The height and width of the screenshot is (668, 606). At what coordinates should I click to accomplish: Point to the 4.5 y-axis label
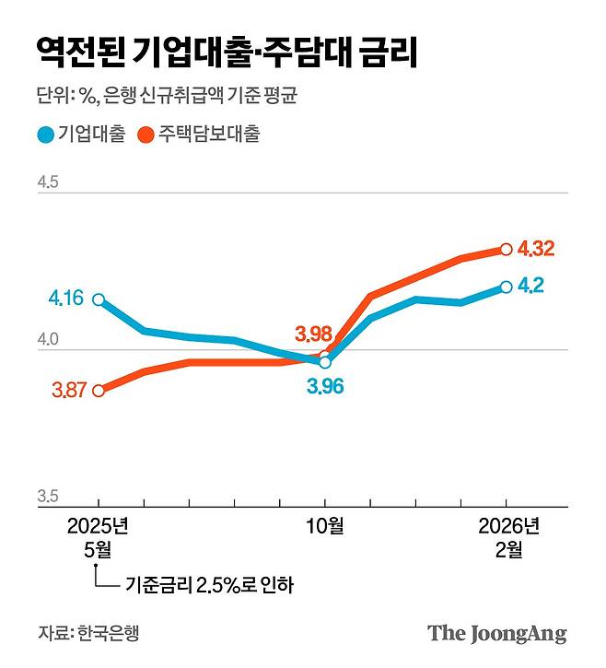coord(48,183)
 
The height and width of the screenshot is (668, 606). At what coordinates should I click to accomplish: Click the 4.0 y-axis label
coord(48,340)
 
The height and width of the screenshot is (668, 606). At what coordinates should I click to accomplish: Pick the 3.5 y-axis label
coord(48,497)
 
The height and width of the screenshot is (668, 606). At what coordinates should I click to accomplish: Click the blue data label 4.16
coord(65,299)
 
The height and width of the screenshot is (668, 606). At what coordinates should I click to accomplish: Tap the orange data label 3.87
coord(69,390)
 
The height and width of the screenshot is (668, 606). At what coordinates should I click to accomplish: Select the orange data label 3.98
coord(312,333)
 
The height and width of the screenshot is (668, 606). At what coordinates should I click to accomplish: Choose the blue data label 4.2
coord(530,286)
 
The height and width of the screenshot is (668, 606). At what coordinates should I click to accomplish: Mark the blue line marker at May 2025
coord(99,299)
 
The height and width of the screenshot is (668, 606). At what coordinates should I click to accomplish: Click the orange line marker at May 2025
coord(99,390)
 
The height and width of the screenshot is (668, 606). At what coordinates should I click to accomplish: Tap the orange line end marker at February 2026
coord(506,249)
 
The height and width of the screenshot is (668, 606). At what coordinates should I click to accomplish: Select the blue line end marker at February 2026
coord(506,287)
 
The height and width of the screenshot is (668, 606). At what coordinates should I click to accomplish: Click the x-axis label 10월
coord(324,527)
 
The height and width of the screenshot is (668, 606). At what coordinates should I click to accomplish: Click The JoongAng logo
coord(496,634)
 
